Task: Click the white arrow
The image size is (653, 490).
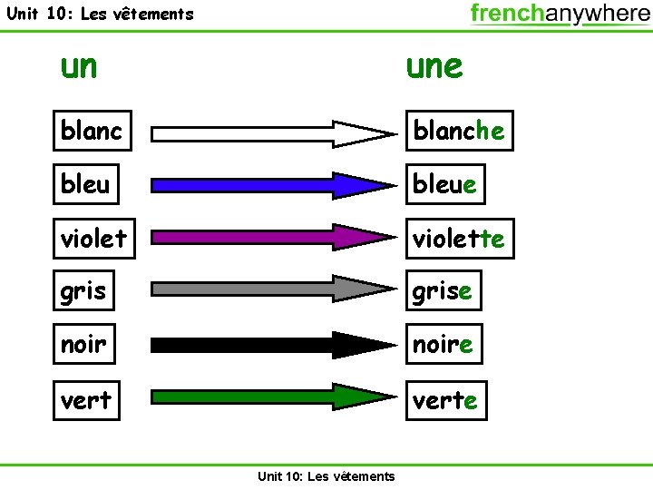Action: coord(272,133)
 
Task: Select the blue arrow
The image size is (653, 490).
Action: coord(272,185)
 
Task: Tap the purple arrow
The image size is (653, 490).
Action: coord(272,238)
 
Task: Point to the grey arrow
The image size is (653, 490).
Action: coord(272,289)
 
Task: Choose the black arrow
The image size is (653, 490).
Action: coord(272,345)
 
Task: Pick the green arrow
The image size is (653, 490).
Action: coord(272,397)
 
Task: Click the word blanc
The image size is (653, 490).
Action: coord(92,132)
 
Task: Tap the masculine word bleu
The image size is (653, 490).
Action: coord(85,184)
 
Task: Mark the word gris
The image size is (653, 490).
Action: coord(83,291)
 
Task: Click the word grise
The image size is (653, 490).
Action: coord(443,291)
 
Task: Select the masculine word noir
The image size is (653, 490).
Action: coord(83,344)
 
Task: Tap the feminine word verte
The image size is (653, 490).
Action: coord(445,399)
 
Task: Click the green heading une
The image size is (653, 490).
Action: coord(434,65)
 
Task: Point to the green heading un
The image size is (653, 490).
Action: coord(79,65)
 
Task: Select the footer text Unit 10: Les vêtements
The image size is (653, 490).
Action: coord(326,476)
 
